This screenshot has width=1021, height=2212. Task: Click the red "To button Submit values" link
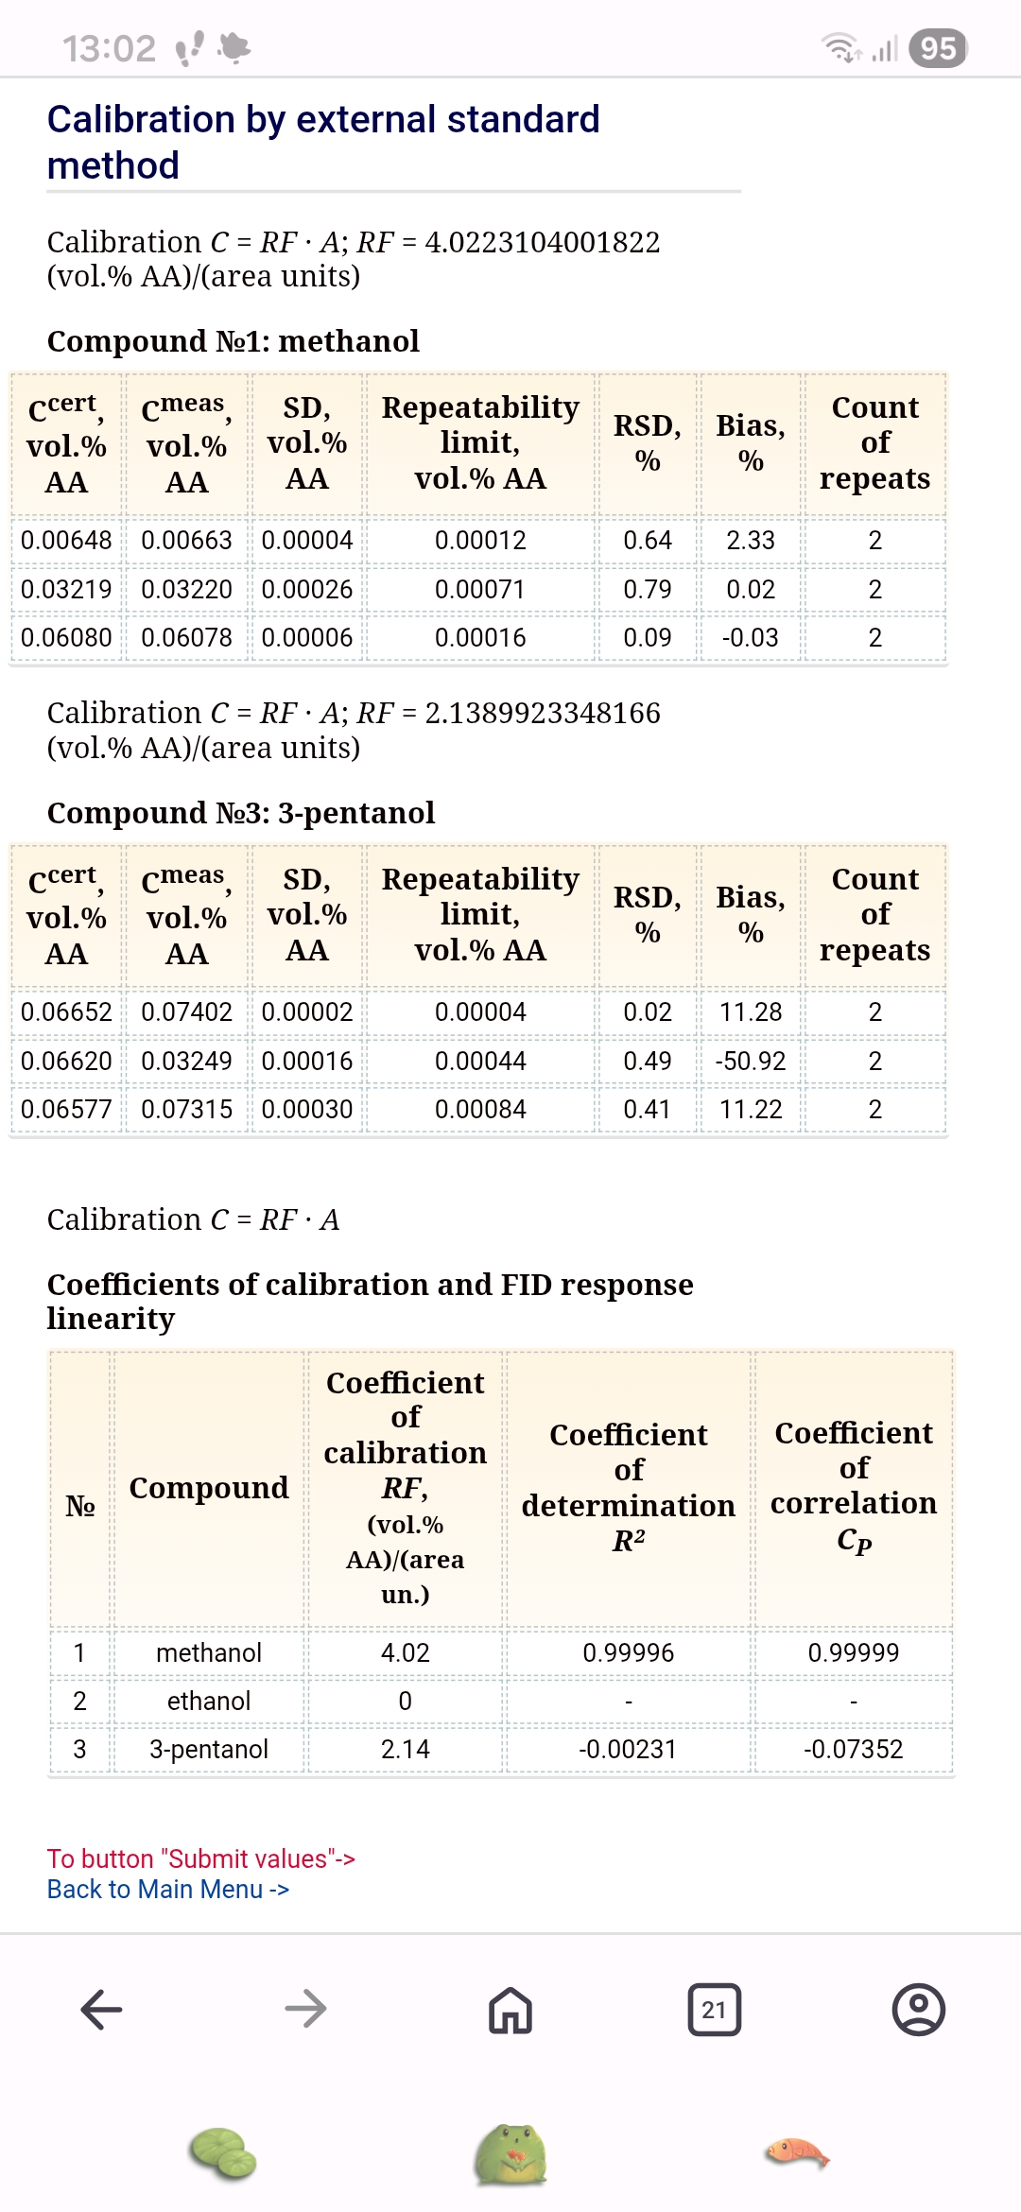tap(200, 1858)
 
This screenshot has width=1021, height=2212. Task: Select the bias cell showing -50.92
tap(751, 1061)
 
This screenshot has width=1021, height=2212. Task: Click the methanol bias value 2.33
tap(751, 541)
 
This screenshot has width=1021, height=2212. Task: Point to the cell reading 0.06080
tap(66, 638)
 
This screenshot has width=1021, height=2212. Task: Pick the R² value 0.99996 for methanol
tap(629, 1652)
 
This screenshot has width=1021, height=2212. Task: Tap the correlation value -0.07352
tap(854, 1749)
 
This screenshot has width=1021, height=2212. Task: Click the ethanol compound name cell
tap(209, 1701)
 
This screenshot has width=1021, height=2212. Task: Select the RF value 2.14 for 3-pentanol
tap(406, 1749)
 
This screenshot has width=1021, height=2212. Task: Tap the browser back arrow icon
tap(102, 2010)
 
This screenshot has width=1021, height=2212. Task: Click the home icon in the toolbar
tap(510, 2010)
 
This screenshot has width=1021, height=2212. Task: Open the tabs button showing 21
tap(715, 2010)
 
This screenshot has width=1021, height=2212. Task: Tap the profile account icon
tap(919, 2010)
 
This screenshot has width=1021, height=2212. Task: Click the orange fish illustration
tap(797, 2153)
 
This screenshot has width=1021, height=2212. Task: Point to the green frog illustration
tap(510, 2155)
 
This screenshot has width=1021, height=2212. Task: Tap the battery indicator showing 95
tap(938, 48)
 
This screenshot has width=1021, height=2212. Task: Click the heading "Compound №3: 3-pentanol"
tap(241, 813)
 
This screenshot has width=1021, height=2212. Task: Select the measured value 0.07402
tap(186, 1012)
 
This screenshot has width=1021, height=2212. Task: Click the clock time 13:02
tap(110, 48)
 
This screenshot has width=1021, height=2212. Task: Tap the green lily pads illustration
tap(224, 2155)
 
